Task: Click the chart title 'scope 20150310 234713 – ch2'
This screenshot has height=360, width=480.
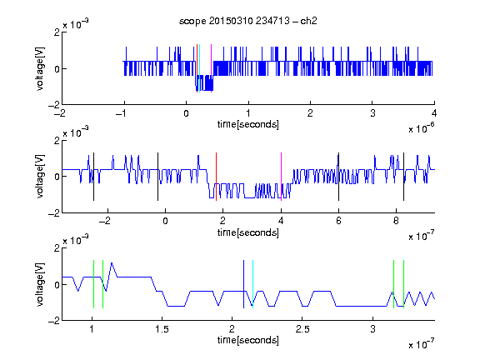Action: tap(248, 21)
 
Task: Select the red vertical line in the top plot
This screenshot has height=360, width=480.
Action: tap(197, 68)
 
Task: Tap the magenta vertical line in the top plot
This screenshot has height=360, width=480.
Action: tap(211, 68)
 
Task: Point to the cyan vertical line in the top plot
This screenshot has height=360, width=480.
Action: tap(200, 68)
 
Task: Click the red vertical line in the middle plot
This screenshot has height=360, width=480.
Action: tap(216, 177)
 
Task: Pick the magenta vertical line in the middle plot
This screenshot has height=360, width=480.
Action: tap(282, 177)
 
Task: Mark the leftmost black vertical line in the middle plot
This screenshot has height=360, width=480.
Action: tap(93, 177)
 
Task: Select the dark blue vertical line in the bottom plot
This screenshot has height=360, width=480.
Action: tap(243, 284)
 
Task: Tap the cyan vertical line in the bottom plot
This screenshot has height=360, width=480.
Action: tap(252, 284)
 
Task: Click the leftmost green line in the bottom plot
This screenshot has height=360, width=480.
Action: tap(93, 284)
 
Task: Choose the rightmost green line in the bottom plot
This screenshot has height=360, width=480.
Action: tap(404, 284)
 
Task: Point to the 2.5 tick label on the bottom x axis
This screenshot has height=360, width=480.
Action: tap(302, 329)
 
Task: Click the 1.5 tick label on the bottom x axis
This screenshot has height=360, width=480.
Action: tap(162, 329)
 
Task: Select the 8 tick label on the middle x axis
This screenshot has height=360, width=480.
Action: tap(396, 221)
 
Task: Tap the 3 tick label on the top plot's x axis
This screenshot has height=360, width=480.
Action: tap(372, 113)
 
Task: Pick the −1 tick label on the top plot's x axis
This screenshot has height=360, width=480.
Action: tap(122, 113)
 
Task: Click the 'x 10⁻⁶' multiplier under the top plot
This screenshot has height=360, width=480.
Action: tap(422, 127)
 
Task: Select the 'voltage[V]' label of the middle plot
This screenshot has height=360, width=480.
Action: tap(40, 177)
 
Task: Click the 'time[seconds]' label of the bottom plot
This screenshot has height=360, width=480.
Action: tap(248, 340)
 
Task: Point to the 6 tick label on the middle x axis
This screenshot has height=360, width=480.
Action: tap(338, 221)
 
